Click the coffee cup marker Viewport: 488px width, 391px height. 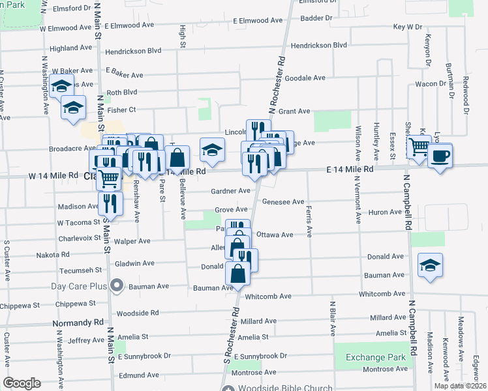(x=440, y=156)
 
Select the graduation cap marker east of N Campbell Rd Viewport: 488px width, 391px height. (x=430, y=265)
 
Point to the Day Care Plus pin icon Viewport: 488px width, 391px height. (x=117, y=285)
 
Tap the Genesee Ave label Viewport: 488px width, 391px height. (x=283, y=202)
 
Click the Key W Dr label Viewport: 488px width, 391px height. (x=408, y=27)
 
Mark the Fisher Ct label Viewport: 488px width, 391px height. (x=121, y=109)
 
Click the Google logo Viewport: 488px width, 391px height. (x=22, y=383)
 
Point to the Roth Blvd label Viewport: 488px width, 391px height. (x=122, y=93)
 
